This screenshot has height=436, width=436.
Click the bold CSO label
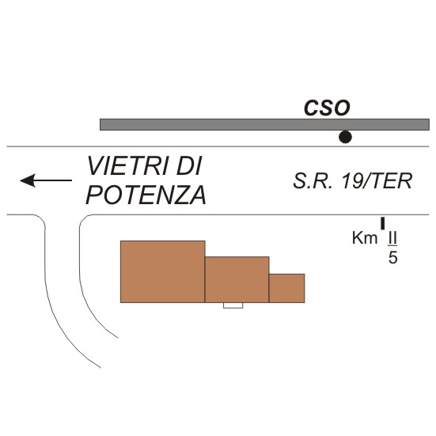[x=327, y=108]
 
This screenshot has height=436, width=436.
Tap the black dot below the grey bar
[x=345, y=137]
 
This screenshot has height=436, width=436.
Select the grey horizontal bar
[x=264, y=124]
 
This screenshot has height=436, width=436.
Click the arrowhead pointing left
[x=27, y=180]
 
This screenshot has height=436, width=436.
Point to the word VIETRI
[x=128, y=166]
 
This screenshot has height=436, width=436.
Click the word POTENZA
[x=146, y=195]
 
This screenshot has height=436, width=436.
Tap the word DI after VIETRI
[x=189, y=166]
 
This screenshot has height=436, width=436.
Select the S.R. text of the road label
[x=313, y=181]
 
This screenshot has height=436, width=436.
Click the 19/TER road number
[x=377, y=181]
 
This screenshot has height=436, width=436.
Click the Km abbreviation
[x=365, y=238]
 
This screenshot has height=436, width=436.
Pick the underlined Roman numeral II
[x=392, y=239]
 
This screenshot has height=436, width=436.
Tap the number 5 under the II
[x=392, y=258]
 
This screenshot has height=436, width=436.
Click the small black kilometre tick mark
[x=383, y=223]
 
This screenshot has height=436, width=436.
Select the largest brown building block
[x=163, y=271]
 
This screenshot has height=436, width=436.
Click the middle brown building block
[x=237, y=279]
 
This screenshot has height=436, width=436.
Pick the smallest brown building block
[x=286, y=288]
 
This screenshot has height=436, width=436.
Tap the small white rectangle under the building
[x=233, y=305]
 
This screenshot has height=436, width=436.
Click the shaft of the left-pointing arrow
[x=53, y=180]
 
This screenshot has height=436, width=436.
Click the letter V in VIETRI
[x=96, y=166]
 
